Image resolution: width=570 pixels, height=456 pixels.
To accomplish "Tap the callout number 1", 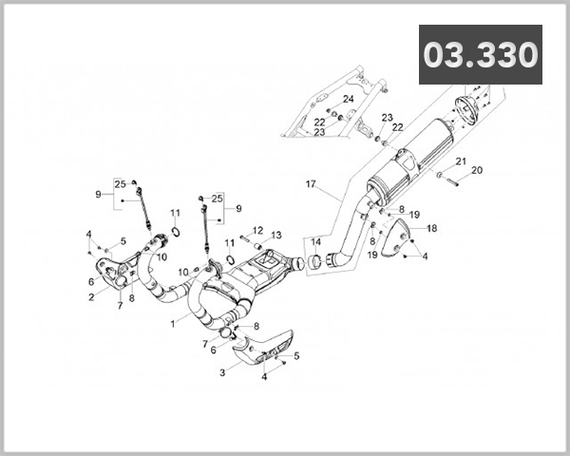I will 172,324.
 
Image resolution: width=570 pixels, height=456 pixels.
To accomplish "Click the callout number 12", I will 257,230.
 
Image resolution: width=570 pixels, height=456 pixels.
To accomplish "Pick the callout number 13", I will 276,235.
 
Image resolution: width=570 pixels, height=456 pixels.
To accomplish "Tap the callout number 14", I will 316,241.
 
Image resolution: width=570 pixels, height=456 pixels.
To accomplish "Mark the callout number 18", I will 431,229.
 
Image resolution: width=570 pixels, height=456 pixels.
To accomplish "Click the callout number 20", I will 477,170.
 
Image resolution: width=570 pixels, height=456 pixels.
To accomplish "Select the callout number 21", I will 461,161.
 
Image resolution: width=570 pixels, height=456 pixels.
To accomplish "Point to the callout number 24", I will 349,99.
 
